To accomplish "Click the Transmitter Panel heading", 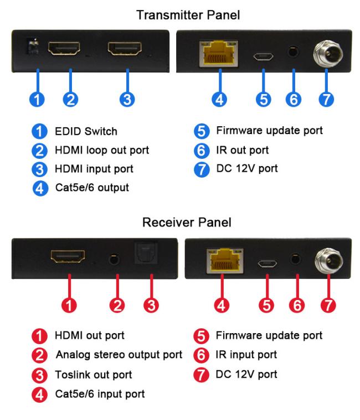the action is click(188, 15).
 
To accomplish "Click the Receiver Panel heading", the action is click(187, 222).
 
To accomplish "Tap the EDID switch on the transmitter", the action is click(33, 46).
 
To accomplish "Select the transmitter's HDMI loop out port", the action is click(64, 49).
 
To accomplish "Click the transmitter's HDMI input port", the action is click(125, 49).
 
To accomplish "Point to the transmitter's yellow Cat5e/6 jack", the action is click(219, 54).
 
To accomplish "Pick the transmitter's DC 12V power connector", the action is click(328, 53).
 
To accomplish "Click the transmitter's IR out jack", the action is click(293, 51).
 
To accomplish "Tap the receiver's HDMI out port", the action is click(68, 257).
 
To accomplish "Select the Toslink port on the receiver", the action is click(146, 252).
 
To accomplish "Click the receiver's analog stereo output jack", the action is click(114, 259).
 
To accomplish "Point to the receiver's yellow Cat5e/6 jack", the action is click(225, 261).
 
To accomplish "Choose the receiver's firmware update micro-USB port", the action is click(268, 263).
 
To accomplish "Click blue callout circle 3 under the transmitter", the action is click(127, 100).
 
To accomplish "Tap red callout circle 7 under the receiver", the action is click(328, 305).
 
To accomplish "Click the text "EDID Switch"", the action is click(86, 132).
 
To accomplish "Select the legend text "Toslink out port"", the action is click(93, 375).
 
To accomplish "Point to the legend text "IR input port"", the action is click(246, 355).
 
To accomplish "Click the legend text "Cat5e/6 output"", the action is click(92, 188).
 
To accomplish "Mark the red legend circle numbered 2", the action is click(40, 355).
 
